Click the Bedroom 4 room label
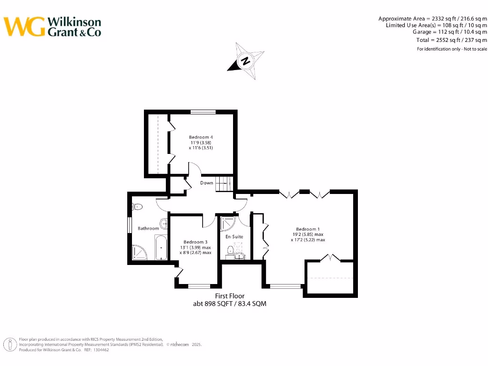pos(201,137)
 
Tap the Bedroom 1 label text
pos(307,229)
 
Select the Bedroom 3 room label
pos(195,242)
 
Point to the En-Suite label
pos(234,236)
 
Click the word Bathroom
pos(148,228)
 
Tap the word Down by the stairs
pos(206,183)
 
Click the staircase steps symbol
pos(224,183)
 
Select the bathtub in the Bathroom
pos(161,247)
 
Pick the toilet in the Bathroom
pos(138,207)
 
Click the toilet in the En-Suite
pos(231,250)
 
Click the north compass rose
pos(246,61)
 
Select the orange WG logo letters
pos(25,27)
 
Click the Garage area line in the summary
pos(449,32)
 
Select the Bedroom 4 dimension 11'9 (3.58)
pos(201,142)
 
